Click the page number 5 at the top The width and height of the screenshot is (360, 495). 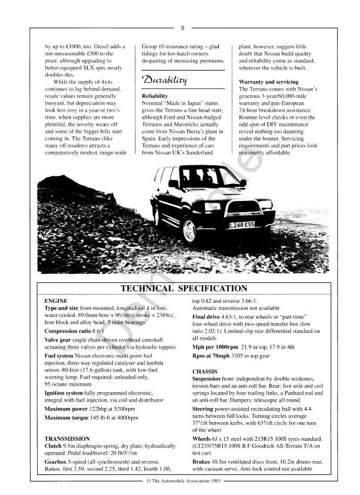pyautogui.click(x=182, y=28)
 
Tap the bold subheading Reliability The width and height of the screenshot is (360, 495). pyautogui.click(x=156, y=95)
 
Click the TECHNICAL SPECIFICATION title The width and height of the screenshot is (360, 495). pyautogui.click(x=184, y=289)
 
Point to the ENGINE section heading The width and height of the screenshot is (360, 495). pyautogui.click(x=56, y=300)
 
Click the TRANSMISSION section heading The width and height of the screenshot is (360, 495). pyautogui.click(x=67, y=439)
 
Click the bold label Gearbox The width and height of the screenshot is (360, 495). pyautogui.click(x=57, y=462)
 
